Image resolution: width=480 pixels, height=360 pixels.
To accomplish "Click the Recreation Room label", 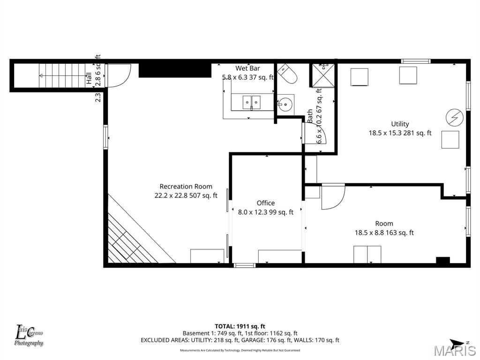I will click(x=186, y=187).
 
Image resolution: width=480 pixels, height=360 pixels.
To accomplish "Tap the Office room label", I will click(x=266, y=203).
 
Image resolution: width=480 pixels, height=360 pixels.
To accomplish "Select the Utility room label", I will click(x=400, y=124).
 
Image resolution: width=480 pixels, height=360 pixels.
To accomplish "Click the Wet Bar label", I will click(x=247, y=68).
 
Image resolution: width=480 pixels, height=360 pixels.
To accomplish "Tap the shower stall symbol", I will click(x=323, y=75).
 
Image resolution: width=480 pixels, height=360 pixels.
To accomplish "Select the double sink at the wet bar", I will click(x=251, y=102).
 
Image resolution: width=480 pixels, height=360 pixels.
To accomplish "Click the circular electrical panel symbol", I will click(x=454, y=118).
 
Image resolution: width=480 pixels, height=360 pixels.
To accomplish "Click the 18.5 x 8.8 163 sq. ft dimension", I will click(x=384, y=232).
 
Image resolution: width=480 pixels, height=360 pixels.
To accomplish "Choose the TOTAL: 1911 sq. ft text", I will click(x=240, y=326).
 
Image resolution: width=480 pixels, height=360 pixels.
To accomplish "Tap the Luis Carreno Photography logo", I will click(x=29, y=336).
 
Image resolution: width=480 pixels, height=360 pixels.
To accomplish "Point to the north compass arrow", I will click(x=457, y=343).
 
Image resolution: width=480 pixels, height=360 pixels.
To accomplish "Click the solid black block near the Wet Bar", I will click(x=175, y=70).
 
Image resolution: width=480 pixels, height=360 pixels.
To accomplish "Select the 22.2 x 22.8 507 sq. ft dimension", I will click(x=186, y=196).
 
